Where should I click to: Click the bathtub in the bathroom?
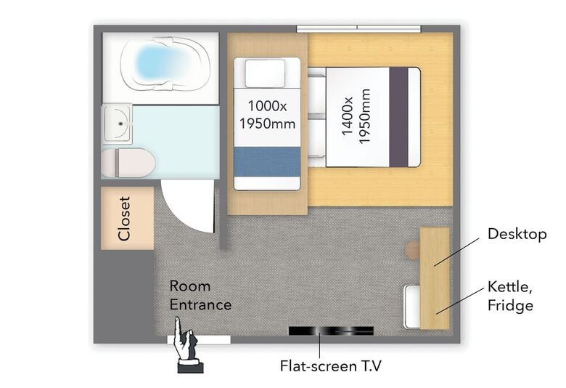[165, 63]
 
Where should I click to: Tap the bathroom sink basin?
[118, 124]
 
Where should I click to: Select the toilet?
[128, 163]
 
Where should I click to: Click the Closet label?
[124, 219]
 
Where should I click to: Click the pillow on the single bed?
[265, 73]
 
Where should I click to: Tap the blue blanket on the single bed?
[267, 161]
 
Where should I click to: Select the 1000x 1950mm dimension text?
[268, 115]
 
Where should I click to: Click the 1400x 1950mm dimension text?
[356, 116]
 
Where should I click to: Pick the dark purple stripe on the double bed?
[398, 117]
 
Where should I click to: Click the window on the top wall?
[358, 29]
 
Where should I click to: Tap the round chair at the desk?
[412, 249]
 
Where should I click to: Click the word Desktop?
[517, 234]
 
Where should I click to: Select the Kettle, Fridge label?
[510, 296]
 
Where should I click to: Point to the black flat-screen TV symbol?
[331, 331]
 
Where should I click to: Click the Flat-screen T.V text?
[330, 366]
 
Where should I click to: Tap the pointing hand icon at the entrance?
[187, 345]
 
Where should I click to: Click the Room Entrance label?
[200, 296]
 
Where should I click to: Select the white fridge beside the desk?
[412, 307]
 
